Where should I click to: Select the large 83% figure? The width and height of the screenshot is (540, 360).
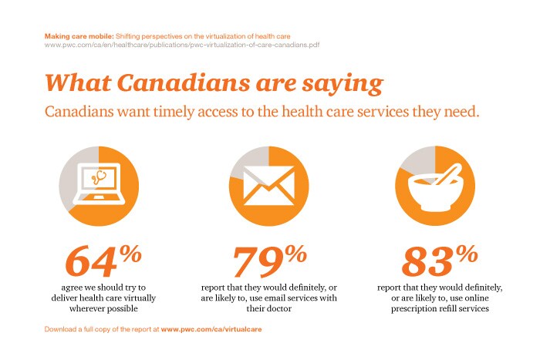coord(436,261)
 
